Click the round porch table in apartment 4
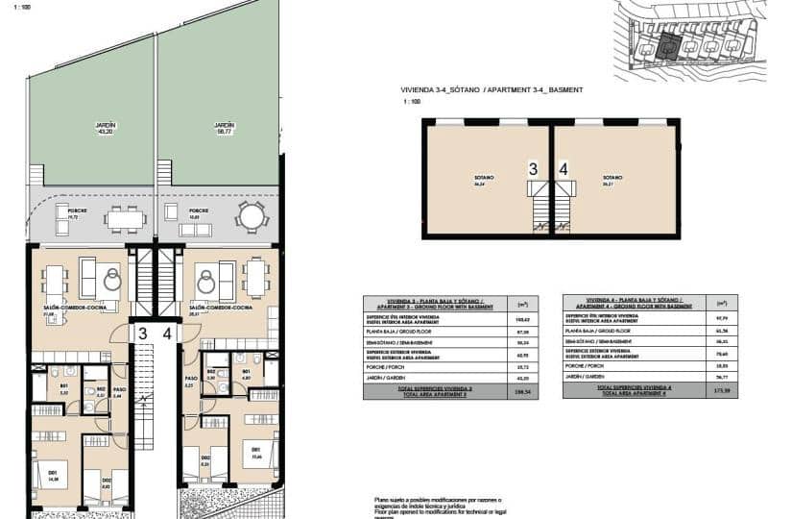click(x=251, y=216)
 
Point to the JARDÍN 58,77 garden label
click(x=224, y=128)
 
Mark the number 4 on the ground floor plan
click(x=167, y=334)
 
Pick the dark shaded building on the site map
click(x=670, y=44)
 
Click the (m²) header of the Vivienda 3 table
click(x=521, y=304)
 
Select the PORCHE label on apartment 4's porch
click(x=199, y=210)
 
